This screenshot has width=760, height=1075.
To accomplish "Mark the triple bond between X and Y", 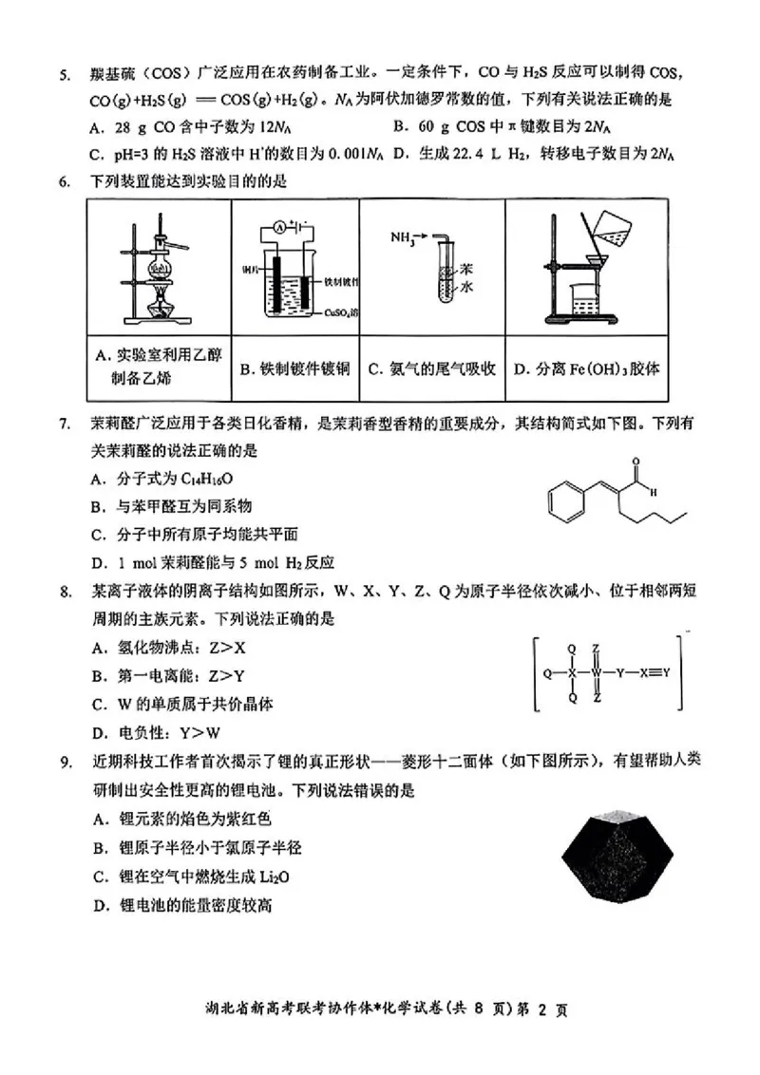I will click(x=654, y=673).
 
